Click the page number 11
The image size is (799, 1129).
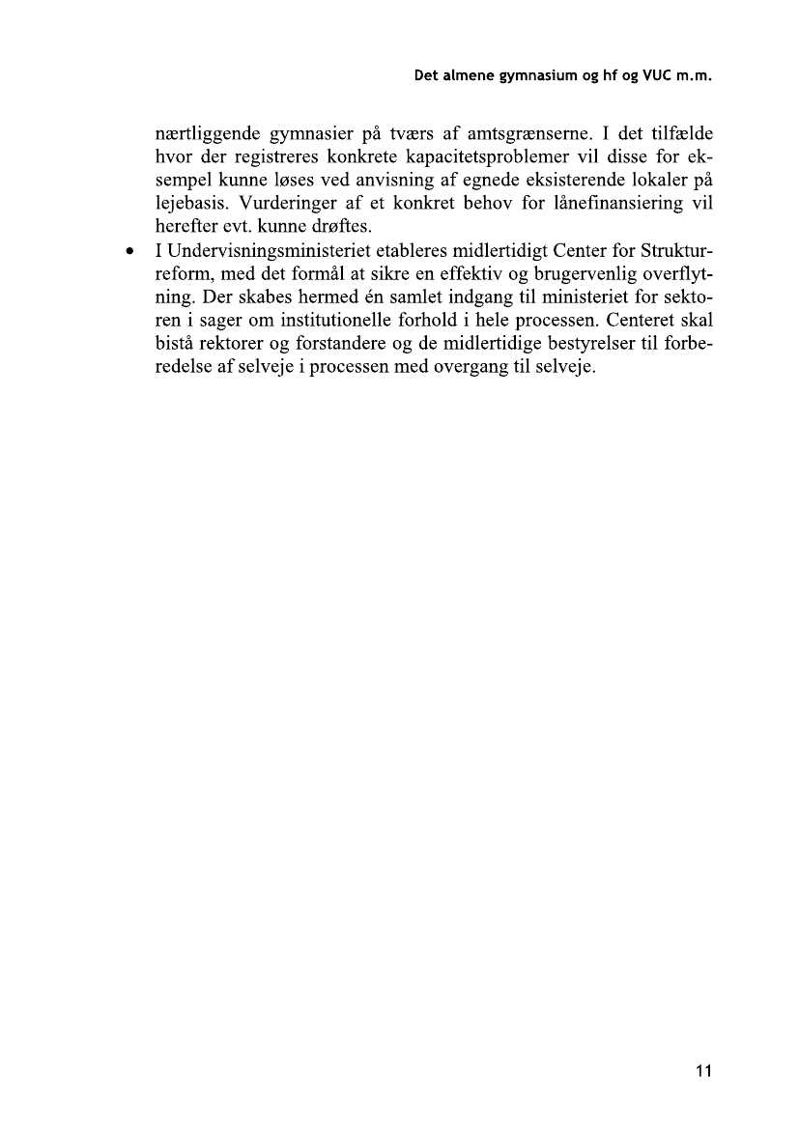coord(702,1070)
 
